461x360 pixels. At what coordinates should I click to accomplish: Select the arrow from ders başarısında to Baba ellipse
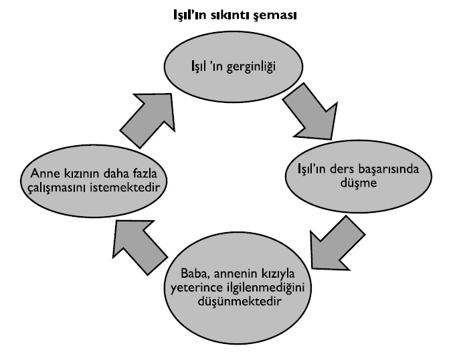pos(333,242)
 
